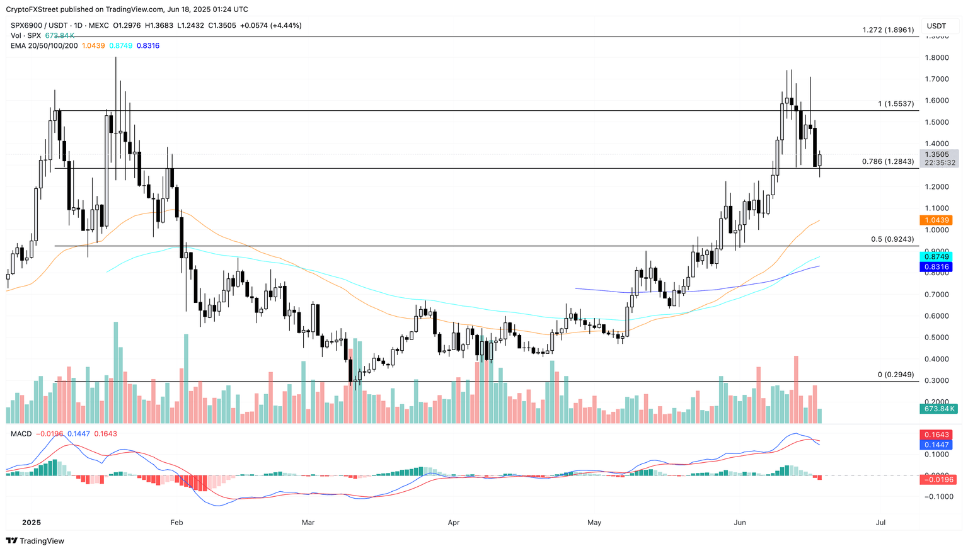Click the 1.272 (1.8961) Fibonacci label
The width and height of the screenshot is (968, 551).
click(x=888, y=30)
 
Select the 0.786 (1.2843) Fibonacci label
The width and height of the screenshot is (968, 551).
click(x=888, y=162)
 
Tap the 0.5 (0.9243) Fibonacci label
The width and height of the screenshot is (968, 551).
click(x=892, y=239)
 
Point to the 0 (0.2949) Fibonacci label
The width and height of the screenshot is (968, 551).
click(x=896, y=375)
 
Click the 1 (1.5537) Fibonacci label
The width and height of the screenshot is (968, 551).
click(x=896, y=103)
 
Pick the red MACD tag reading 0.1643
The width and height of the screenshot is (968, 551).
click(x=936, y=435)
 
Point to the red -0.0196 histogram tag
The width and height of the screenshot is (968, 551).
click(x=936, y=480)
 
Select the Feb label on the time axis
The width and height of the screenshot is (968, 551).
click(x=176, y=523)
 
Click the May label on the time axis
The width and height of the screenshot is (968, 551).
click(x=594, y=523)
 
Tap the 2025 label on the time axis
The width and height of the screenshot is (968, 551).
click(x=31, y=523)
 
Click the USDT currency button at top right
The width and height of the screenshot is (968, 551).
click(x=936, y=26)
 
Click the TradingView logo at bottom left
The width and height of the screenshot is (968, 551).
click(x=35, y=541)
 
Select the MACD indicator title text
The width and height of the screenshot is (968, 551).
click(x=21, y=434)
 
